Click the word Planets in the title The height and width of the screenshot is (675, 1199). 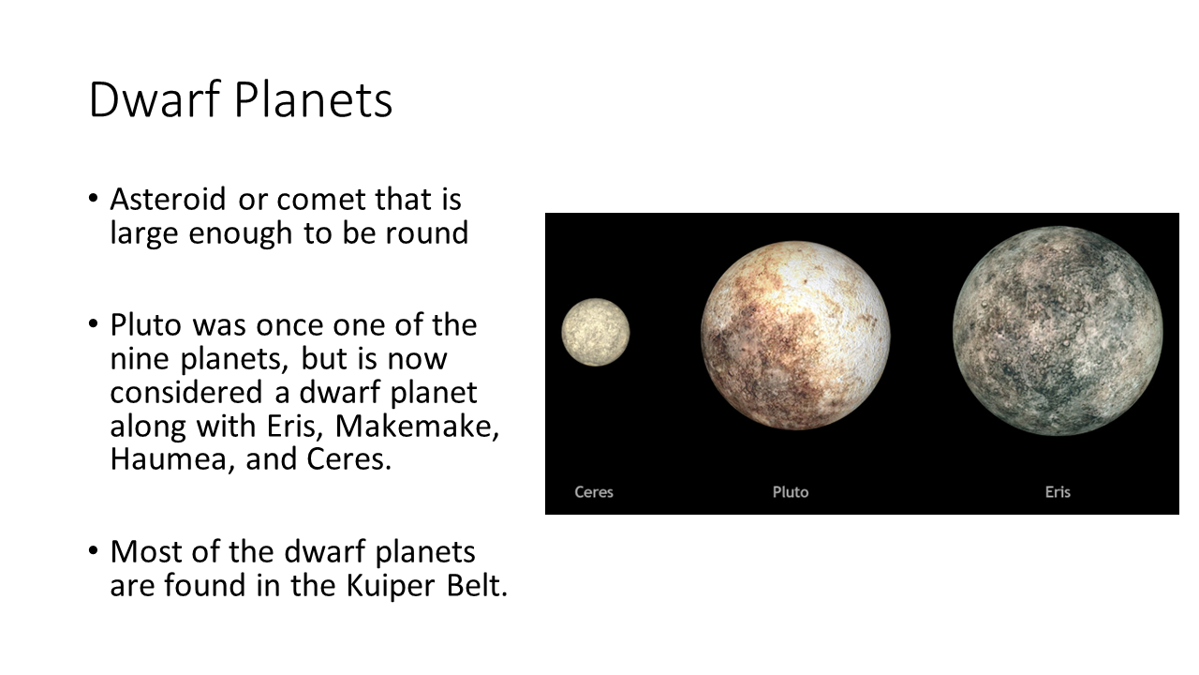(x=314, y=99)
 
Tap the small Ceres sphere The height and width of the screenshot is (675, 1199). (x=595, y=332)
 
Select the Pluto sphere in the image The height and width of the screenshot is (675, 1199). (x=795, y=336)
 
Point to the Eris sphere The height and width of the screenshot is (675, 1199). (x=1058, y=331)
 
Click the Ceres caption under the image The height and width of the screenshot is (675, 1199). (x=594, y=492)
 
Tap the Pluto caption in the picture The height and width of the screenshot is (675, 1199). (x=791, y=492)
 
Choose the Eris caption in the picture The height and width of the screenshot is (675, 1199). (x=1058, y=492)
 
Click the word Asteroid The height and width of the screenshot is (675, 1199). (x=168, y=200)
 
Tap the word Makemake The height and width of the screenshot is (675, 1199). (x=417, y=427)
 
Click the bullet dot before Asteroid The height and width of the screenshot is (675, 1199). (x=93, y=198)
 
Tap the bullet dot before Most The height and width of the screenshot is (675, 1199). (x=93, y=550)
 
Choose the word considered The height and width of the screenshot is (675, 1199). (x=186, y=392)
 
